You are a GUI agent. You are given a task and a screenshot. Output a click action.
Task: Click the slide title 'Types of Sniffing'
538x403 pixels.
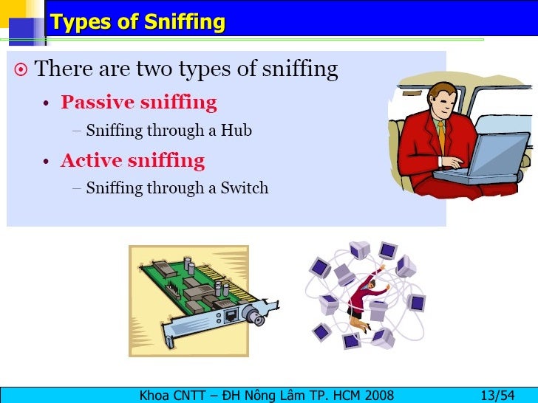click(x=137, y=22)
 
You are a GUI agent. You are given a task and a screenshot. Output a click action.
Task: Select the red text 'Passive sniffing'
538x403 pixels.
click(x=138, y=103)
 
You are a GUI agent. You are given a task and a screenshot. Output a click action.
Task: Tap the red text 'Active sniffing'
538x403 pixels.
click(x=132, y=160)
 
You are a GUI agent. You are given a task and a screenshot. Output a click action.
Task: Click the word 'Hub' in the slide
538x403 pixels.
click(x=238, y=131)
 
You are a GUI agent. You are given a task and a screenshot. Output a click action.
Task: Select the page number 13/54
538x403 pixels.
click(x=497, y=395)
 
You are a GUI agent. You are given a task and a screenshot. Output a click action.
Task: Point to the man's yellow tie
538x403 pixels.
click(x=441, y=136)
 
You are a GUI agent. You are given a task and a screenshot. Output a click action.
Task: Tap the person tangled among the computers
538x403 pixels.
click(x=363, y=298)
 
